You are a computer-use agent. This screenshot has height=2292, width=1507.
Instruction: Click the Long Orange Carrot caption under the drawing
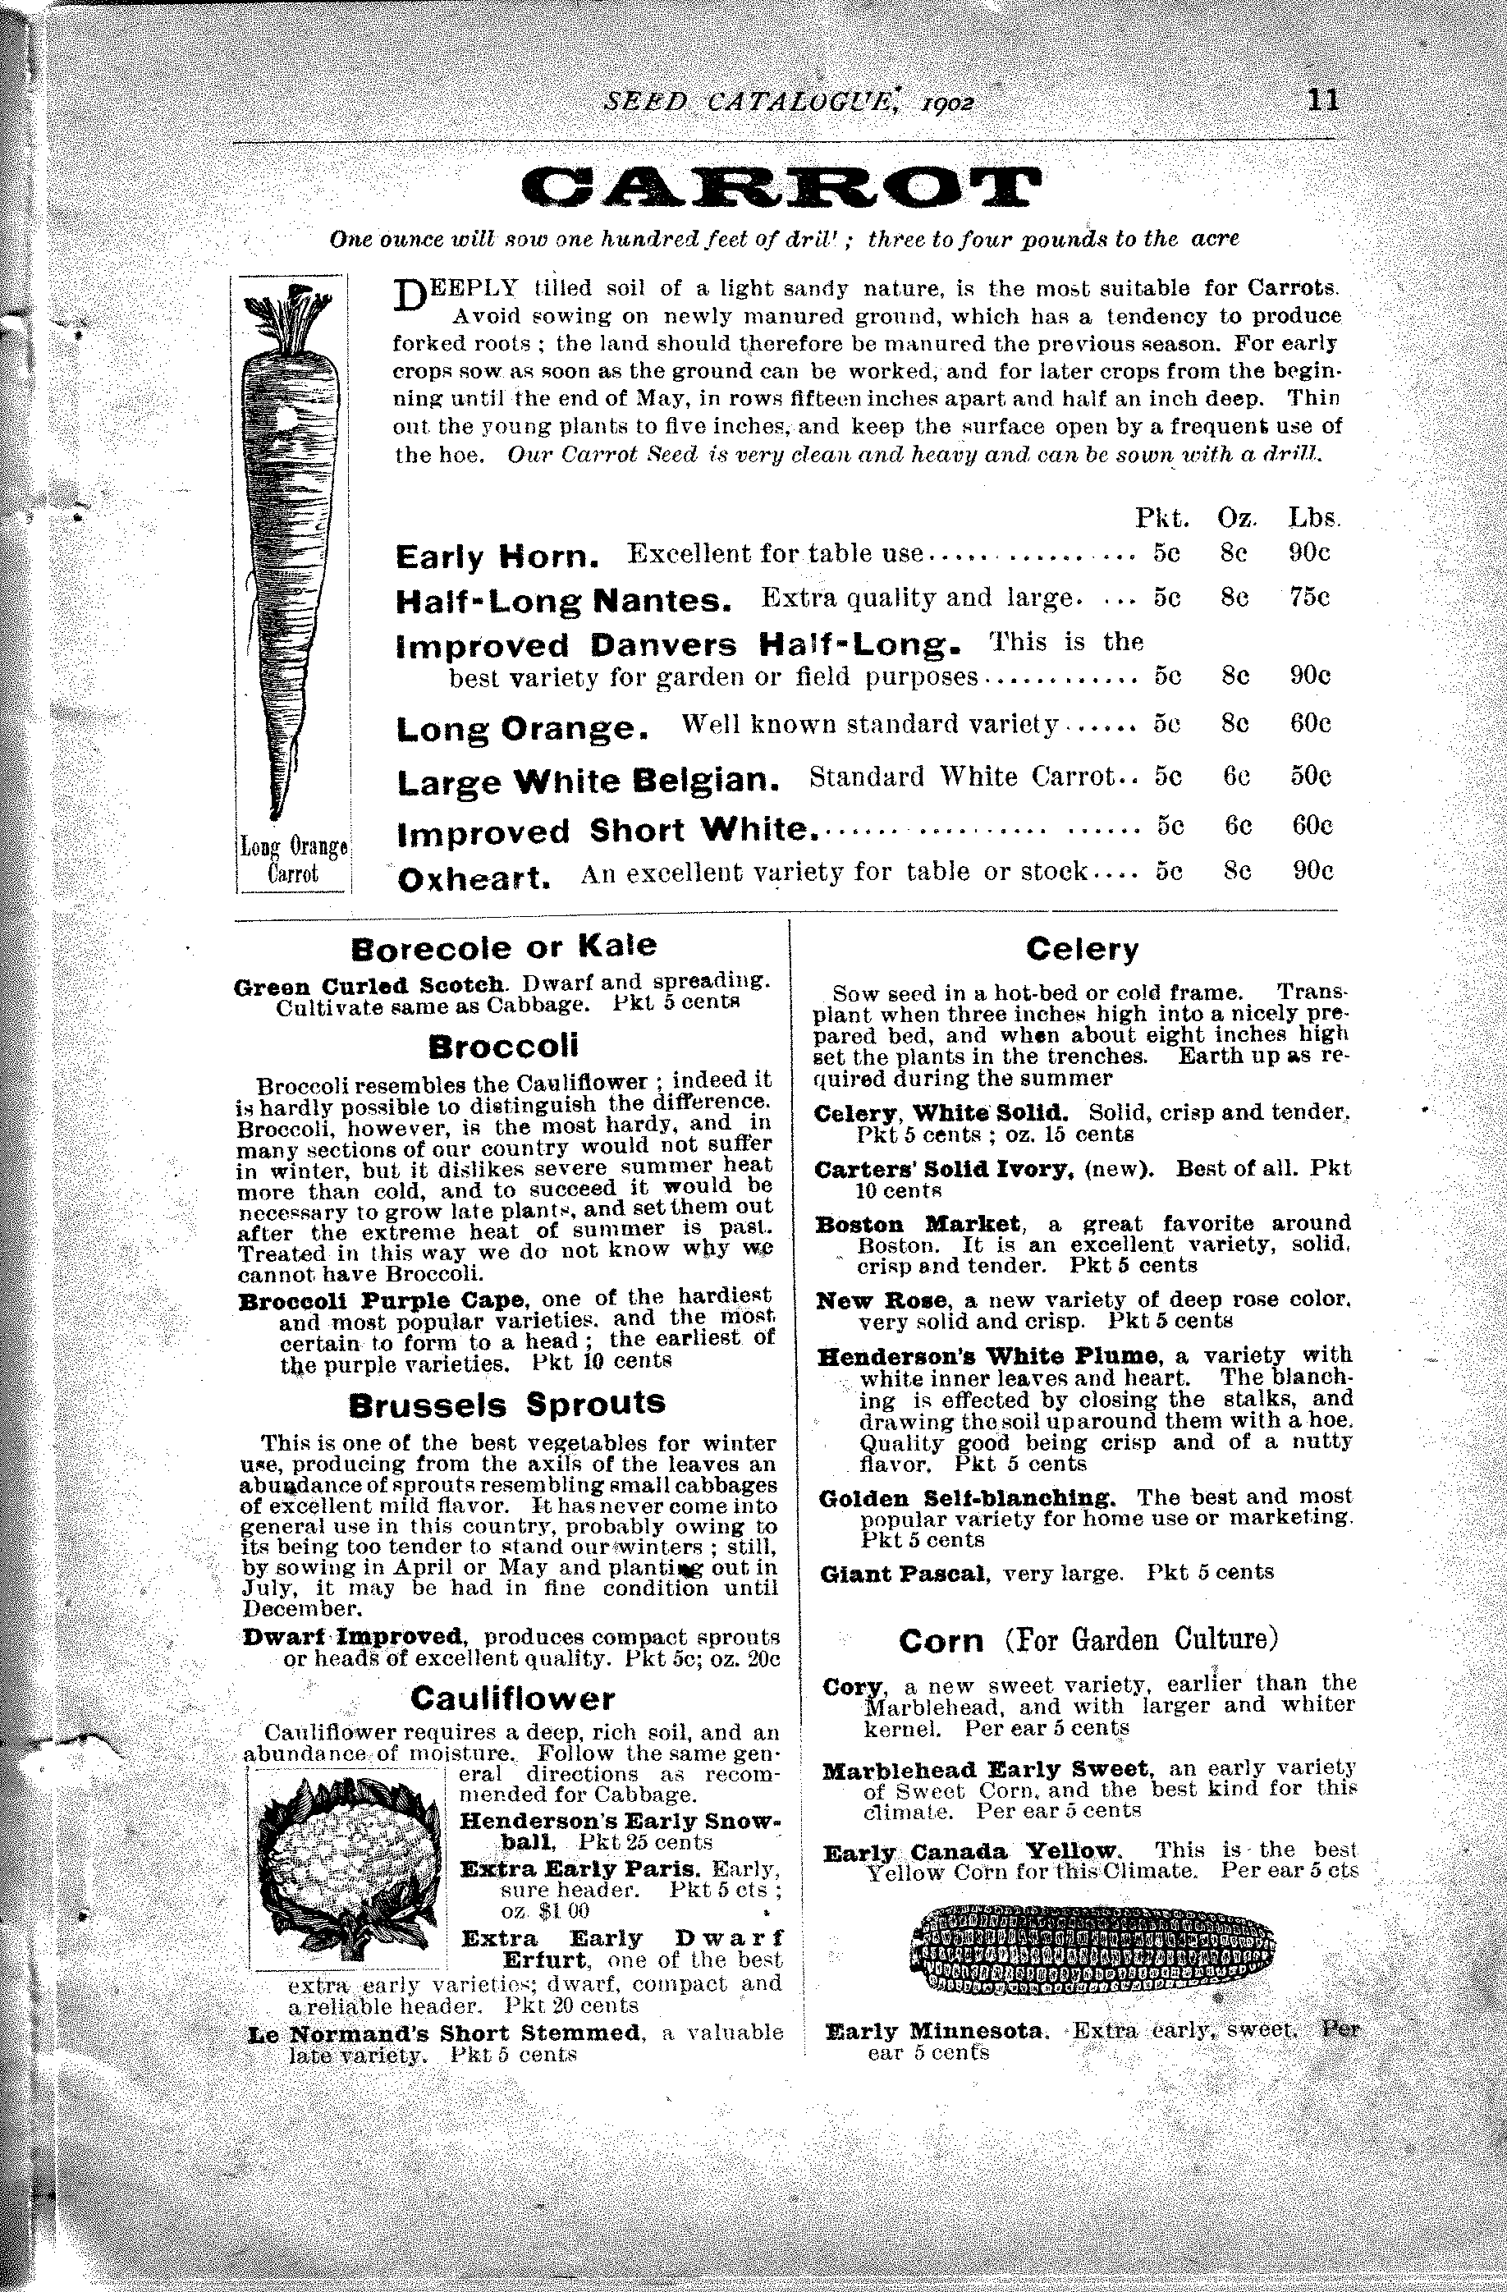(294, 861)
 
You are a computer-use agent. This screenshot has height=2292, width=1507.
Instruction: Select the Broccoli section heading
(504, 1046)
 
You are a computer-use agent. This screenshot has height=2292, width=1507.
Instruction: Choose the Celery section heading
(1083, 950)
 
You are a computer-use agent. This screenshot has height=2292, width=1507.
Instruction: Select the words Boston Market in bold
(916, 1224)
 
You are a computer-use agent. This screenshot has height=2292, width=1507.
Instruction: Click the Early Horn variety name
(498, 557)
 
